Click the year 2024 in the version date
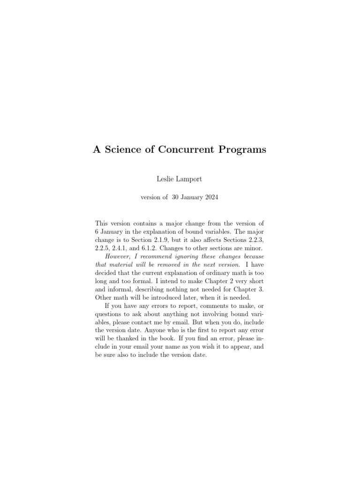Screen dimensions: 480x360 click(x=210, y=198)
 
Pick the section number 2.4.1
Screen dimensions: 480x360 click(x=122, y=247)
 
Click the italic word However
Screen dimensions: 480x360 click(x=118, y=256)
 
